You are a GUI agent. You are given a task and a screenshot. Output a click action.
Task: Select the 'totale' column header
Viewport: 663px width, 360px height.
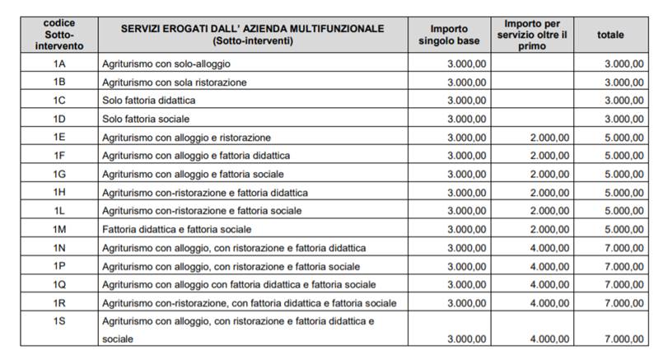click(610, 35)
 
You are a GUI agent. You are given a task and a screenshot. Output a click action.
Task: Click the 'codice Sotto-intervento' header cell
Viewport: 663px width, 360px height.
click(58, 35)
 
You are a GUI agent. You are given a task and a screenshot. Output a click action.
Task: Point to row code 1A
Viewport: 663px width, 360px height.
click(58, 63)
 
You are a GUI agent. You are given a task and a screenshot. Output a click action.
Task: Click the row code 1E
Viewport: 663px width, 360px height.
click(58, 137)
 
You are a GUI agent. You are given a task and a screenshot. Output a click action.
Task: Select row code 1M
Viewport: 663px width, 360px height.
click(58, 228)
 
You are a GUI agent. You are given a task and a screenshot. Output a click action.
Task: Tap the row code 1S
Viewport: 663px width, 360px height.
click(58, 320)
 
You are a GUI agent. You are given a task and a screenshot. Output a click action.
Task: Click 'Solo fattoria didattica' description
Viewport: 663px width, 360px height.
click(149, 101)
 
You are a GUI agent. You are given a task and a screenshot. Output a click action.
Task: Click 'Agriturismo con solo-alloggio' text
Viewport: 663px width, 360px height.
click(166, 63)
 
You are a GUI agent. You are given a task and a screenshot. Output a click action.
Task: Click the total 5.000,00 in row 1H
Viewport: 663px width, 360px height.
click(623, 192)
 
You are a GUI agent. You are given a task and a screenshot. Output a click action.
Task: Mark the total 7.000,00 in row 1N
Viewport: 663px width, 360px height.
click(623, 247)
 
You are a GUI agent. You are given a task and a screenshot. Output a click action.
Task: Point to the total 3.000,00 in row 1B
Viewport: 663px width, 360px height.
click(623, 82)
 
